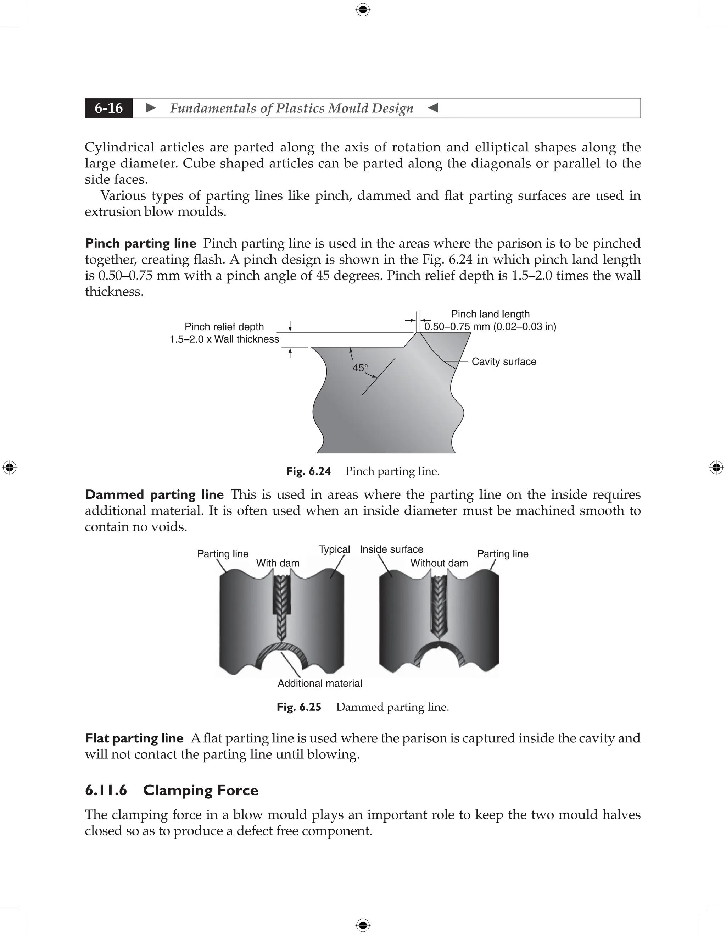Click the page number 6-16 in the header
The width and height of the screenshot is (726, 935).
pos(109,108)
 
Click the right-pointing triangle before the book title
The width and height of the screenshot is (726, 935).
pos(151,108)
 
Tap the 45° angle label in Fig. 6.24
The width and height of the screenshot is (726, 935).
pos(360,368)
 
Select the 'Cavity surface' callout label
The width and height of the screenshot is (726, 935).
pos(503,362)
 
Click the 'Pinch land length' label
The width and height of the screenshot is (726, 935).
pos(490,314)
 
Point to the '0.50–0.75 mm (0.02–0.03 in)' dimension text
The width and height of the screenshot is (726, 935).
pos(490,327)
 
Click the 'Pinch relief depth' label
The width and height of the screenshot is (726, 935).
pos(224,327)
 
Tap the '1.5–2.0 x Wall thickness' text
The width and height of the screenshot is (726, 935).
pos(224,339)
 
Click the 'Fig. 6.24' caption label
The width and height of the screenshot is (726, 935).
pos(308,471)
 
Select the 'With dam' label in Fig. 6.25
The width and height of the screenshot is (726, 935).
pos(278,563)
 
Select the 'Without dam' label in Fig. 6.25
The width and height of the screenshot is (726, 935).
pos(439,563)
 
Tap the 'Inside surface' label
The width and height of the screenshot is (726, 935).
pos(391,549)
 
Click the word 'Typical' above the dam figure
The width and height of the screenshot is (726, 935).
pos(334,549)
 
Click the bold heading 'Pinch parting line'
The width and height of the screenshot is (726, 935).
pos(140,243)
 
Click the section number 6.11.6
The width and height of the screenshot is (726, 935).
pos(106,790)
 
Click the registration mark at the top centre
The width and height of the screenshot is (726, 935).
pos(363,10)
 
